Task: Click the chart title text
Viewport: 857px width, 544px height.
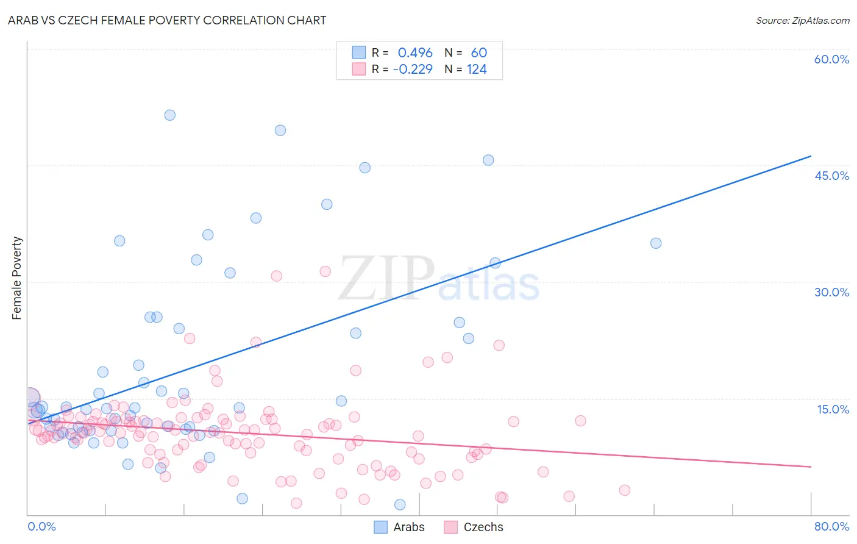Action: pos(167,20)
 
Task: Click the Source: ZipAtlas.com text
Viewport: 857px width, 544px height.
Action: pos(802,20)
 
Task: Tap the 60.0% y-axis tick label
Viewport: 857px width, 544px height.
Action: pos(831,59)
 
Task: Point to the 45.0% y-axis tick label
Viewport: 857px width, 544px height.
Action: pos(831,176)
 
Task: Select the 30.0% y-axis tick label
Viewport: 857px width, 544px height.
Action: pos(831,292)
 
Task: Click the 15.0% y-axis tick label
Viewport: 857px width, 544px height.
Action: pos(833,409)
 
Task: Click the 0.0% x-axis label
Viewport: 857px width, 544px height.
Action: pos(41,526)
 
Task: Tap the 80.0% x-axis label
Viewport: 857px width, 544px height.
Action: pos(831,526)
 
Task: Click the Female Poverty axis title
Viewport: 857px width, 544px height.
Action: pos(17,278)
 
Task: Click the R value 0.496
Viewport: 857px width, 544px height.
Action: pos(415,52)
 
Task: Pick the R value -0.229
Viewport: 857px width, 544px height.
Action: pos(413,69)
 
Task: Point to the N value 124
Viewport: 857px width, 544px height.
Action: pos(477,69)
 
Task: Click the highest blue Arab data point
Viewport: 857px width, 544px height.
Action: pos(170,115)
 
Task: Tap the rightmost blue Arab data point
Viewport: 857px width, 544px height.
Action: pos(656,243)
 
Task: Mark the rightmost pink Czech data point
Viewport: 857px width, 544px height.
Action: pos(624,490)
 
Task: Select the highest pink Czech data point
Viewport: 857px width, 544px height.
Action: pos(325,271)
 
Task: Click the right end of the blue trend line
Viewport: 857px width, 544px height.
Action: pos(811,156)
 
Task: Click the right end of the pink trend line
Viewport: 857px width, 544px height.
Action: pos(811,467)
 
